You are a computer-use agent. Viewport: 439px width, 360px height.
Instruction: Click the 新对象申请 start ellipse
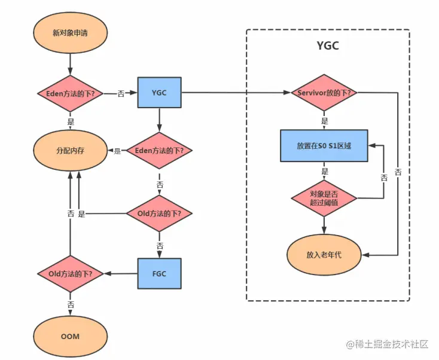point(70,32)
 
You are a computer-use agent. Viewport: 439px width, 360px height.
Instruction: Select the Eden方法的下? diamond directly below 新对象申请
point(70,93)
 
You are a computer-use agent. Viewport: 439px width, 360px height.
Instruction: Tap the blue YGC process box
point(159,93)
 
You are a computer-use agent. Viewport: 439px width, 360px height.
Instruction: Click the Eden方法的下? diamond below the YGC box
point(159,151)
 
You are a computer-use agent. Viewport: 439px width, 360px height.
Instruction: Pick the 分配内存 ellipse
point(70,151)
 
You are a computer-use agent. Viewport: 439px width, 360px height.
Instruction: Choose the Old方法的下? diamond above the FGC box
point(159,213)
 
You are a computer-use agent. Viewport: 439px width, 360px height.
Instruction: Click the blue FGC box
point(159,274)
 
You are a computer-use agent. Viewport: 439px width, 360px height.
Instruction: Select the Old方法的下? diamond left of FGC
point(70,274)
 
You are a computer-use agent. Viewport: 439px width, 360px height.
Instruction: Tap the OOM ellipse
point(70,336)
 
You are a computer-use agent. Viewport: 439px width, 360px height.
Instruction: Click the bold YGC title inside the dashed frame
point(328,46)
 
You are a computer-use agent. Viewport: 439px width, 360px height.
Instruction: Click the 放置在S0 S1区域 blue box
point(324,146)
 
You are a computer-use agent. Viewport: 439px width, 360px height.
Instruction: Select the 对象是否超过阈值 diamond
point(324,198)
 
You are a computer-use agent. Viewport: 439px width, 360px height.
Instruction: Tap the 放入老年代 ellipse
point(324,254)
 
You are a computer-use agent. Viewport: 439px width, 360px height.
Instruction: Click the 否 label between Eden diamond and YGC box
point(121,94)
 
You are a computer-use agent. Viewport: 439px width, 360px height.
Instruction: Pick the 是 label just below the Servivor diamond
point(325,121)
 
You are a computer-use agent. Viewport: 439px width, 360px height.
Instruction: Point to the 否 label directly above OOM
point(71,304)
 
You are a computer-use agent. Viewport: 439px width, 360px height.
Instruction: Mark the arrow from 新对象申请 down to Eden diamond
point(70,63)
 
